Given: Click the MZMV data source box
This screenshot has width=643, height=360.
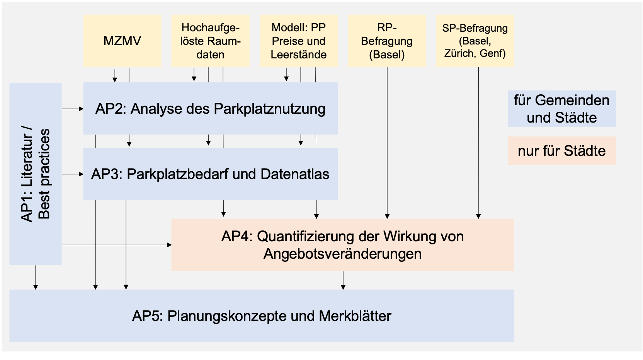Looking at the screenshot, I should [x=122, y=41].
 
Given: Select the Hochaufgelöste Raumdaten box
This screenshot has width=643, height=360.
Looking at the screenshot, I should [x=210, y=41].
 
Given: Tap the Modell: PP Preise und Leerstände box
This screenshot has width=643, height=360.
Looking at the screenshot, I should [x=299, y=41].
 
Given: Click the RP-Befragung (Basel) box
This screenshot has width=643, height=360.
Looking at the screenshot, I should [x=387, y=41].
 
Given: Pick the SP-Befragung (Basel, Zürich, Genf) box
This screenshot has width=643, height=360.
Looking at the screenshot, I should [x=475, y=41].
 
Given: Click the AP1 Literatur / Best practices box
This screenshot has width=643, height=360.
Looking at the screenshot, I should [x=36, y=174].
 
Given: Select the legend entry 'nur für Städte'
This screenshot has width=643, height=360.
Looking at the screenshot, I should [x=561, y=151].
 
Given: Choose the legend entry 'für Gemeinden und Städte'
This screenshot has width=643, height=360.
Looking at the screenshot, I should [x=561, y=109].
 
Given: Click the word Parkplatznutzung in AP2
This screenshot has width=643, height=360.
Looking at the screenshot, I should [x=269, y=109].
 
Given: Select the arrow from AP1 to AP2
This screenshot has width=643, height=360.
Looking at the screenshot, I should [x=73, y=109].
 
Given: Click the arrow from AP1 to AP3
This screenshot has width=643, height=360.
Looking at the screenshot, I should [x=73, y=174].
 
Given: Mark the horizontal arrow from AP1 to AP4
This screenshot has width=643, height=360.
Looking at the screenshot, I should [x=116, y=245].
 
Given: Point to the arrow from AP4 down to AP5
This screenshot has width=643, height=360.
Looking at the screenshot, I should [x=343, y=280].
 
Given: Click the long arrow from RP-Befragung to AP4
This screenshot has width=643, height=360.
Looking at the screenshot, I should [x=387, y=143].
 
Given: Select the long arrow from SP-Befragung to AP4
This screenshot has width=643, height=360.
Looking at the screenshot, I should [x=478, y=143].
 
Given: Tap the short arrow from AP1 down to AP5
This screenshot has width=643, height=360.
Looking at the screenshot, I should [x=36, y=277].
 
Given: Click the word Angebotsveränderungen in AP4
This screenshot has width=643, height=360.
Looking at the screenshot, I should [x=342, y=254].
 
